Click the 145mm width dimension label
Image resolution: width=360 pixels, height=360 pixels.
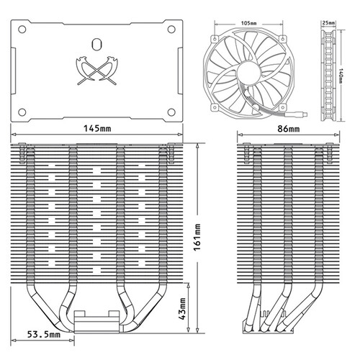97,129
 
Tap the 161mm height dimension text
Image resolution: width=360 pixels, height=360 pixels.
197,237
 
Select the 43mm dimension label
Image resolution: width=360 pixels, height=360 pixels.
183,309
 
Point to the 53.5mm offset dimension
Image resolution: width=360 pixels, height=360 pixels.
43,334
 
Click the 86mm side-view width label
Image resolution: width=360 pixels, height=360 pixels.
289,129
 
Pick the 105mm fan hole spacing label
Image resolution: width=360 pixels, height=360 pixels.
249,24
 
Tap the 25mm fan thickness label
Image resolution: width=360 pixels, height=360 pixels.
328,23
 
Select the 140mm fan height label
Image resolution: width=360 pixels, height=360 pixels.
341,76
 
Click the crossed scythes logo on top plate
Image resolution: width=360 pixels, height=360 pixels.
97,71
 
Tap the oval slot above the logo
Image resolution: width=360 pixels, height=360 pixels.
97,44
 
